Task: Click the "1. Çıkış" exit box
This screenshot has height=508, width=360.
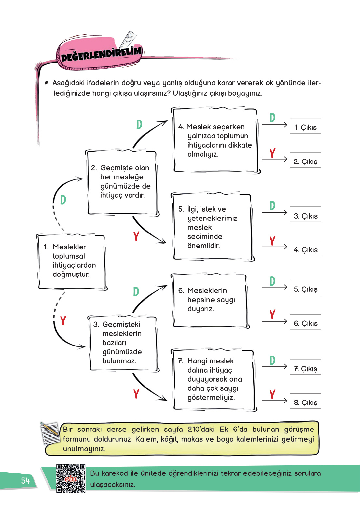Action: click(x=305, y=126)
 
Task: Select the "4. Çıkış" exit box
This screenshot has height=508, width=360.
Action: click(x=305, y=248)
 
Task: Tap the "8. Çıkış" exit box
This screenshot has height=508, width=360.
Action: click(x=305, y=401)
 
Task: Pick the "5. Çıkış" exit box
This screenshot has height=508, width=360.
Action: click(x=305, y=288)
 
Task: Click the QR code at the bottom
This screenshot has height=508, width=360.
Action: click(x=71, y=478)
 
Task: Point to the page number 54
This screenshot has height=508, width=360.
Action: click(x=25, y=481)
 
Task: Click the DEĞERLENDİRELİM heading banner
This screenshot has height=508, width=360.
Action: click(x=101, y=54)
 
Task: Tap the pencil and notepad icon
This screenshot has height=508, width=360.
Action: click(x=50, y=433)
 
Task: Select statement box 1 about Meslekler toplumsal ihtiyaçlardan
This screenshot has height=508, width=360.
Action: click(x=71, y=261)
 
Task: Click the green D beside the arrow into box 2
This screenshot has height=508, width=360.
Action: click(x=63, y=200)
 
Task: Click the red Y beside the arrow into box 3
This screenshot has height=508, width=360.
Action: click(x=63, y=321)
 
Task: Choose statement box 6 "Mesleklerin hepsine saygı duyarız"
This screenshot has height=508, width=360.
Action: click(x=210, y=300)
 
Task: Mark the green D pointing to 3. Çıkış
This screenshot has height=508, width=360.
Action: click(x=272, y=206)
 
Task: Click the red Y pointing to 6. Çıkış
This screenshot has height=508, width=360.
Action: click(x=272, y=315)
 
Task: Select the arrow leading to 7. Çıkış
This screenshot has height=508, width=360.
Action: click(x=275, y=367)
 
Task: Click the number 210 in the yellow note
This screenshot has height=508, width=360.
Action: click(x=194, y=429)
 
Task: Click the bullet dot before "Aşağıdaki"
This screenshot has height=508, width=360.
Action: click(x=46, y=83)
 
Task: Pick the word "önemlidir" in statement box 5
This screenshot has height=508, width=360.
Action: click(x=203, y=246)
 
